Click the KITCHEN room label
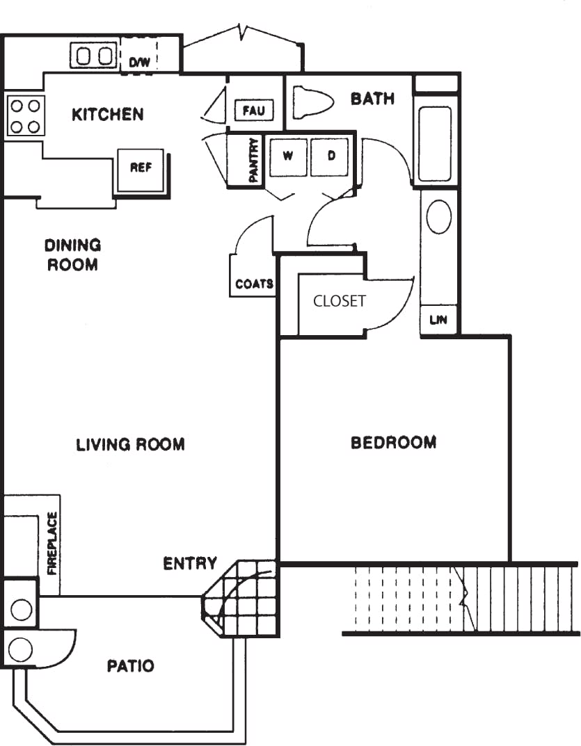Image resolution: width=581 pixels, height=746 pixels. (x=108, y=114)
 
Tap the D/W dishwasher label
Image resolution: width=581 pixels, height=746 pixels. (x=139, y=63)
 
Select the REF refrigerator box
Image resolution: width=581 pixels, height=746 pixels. (x=141, y=168)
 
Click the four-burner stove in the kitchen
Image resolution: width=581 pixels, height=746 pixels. (x=26, y=116)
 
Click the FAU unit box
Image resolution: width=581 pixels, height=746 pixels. (x=254, y=110)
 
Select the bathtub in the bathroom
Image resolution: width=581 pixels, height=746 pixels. (x=436, y=143)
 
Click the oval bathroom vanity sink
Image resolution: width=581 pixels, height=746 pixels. (x=438, y=218)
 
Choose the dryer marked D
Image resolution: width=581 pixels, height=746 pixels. (x=331, y=156)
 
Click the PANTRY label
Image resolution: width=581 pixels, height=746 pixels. (x=254, y=161)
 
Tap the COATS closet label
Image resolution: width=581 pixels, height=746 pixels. (x=253, y=284)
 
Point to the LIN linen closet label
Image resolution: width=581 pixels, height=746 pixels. (x=438, y=321)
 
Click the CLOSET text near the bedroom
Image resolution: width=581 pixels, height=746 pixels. (x=339, y=301)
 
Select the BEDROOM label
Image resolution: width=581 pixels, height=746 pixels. (x=393, y=443)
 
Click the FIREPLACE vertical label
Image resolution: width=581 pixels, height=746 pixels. (x=51, y=544)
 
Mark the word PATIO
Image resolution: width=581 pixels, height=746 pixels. (x=130, y=666)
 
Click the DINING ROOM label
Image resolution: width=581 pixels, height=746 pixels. (x=72, y=254)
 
